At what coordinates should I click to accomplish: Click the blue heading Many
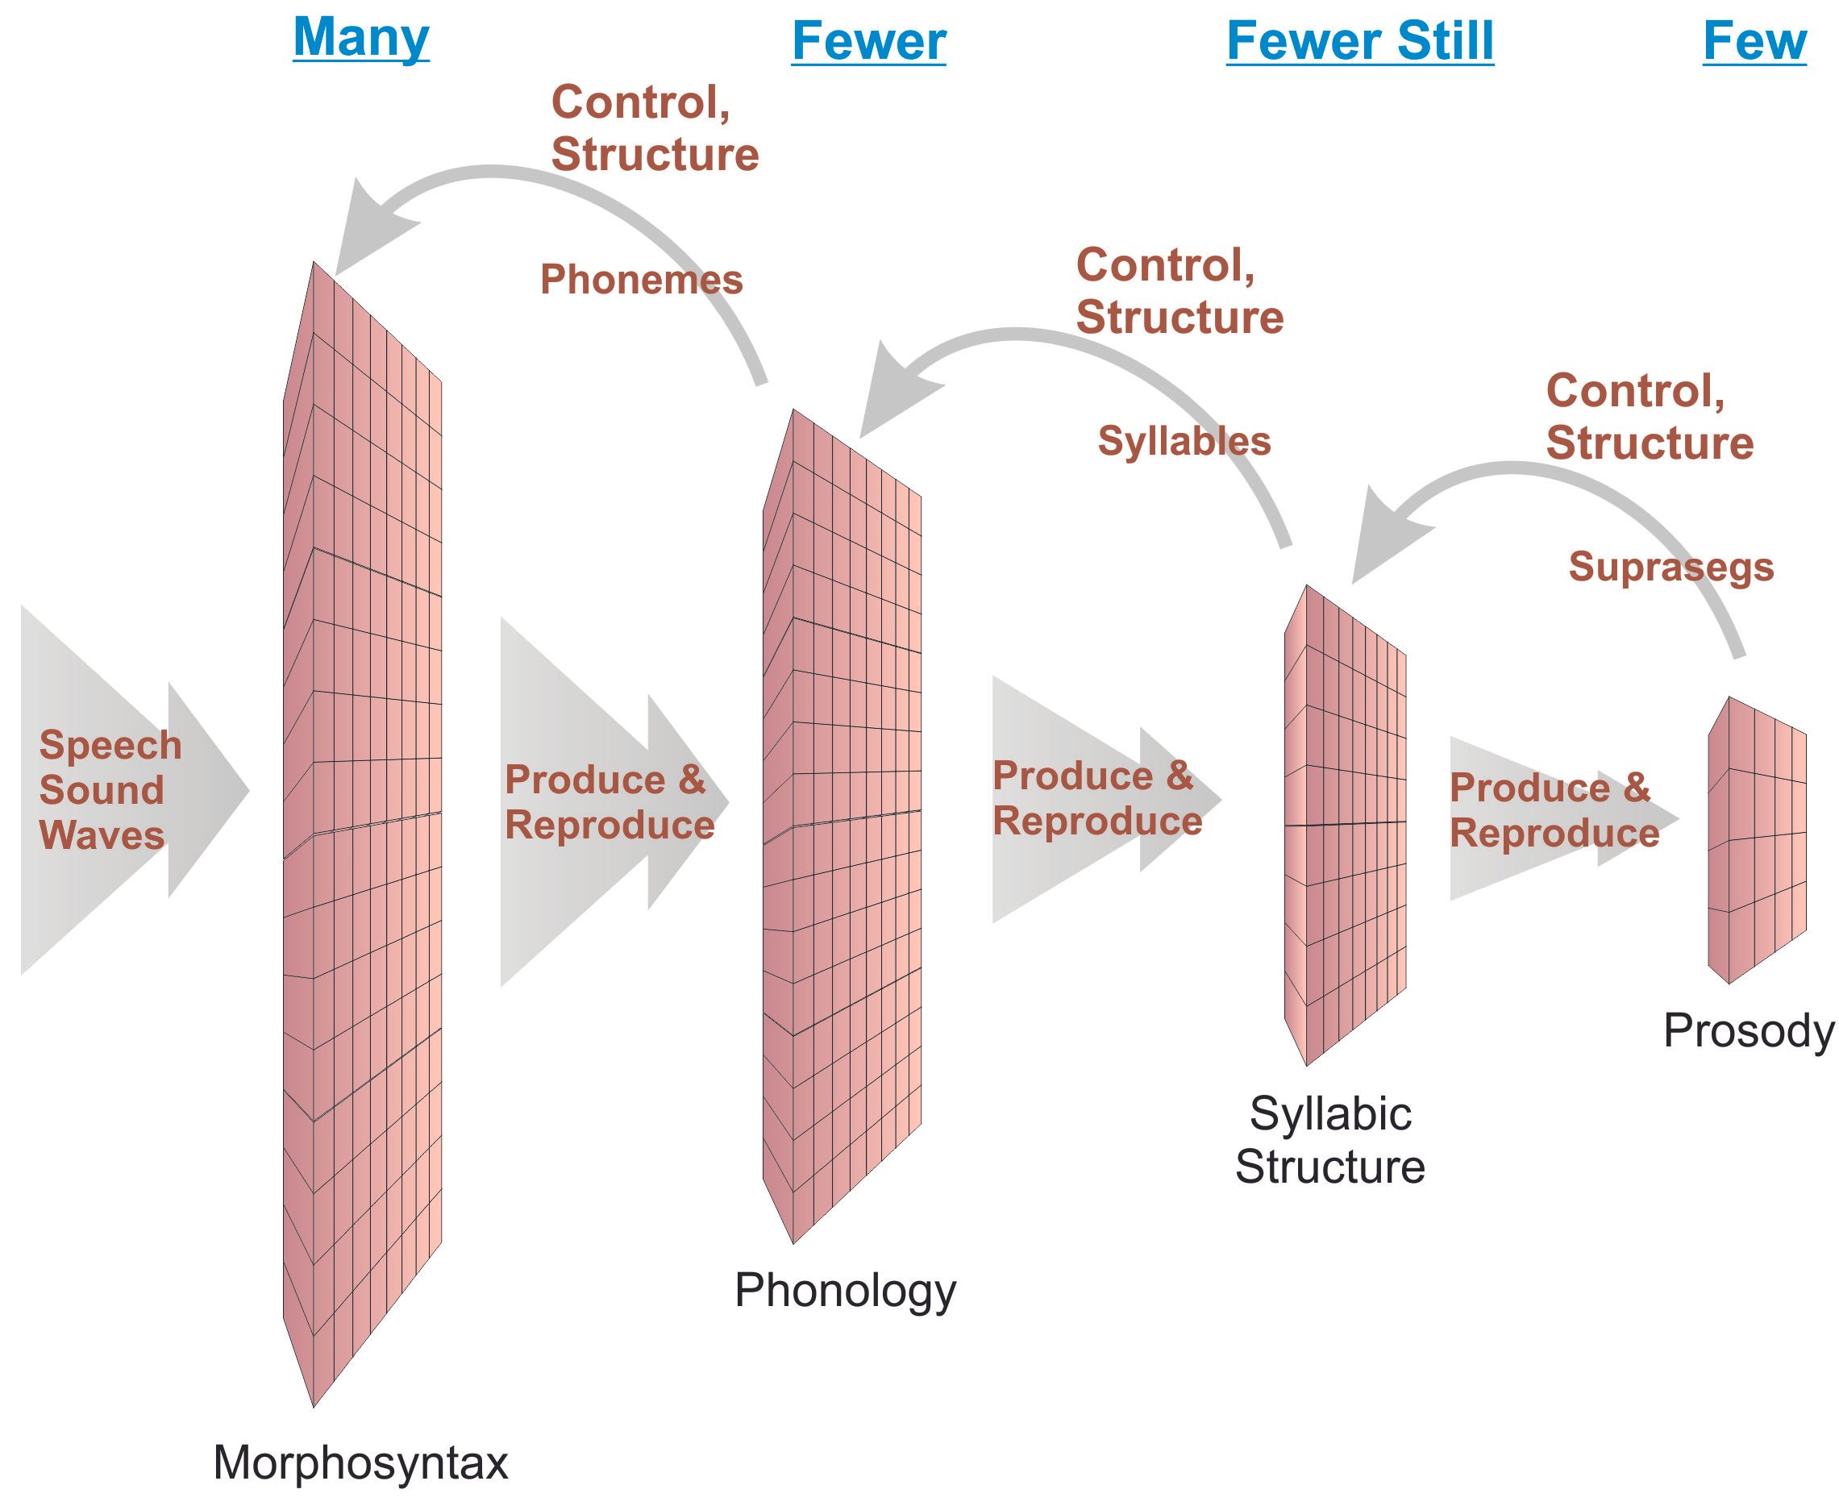click(x=361, y=38)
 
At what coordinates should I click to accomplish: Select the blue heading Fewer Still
click(x=1359, y=41)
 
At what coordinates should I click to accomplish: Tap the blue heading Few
click(x=1754, y=41)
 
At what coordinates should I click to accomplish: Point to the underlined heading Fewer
click(x=868, y=41)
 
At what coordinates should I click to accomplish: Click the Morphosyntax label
click(x=360, y=1462)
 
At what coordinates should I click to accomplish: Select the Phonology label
click(x=845, y=1290)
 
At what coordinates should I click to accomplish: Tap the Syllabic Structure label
click(x=1329, y=1140)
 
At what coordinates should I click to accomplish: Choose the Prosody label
click(x=1748, y=1030)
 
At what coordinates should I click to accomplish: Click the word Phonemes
click(x=641, y=279)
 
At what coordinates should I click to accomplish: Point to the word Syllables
click(x=1184, y=441)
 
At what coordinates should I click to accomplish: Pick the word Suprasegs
click(x=1670, y=568)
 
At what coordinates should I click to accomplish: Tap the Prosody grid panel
click(x=1757, y=839)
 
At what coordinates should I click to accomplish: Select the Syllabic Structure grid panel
click(x=1345, y=824)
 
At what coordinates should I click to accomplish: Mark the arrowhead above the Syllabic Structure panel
click(x=1383, y=538)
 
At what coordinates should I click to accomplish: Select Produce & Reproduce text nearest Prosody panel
click(x=1554, y=810)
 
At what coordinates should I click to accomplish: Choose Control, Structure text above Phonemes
click(x=654, y=128)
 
